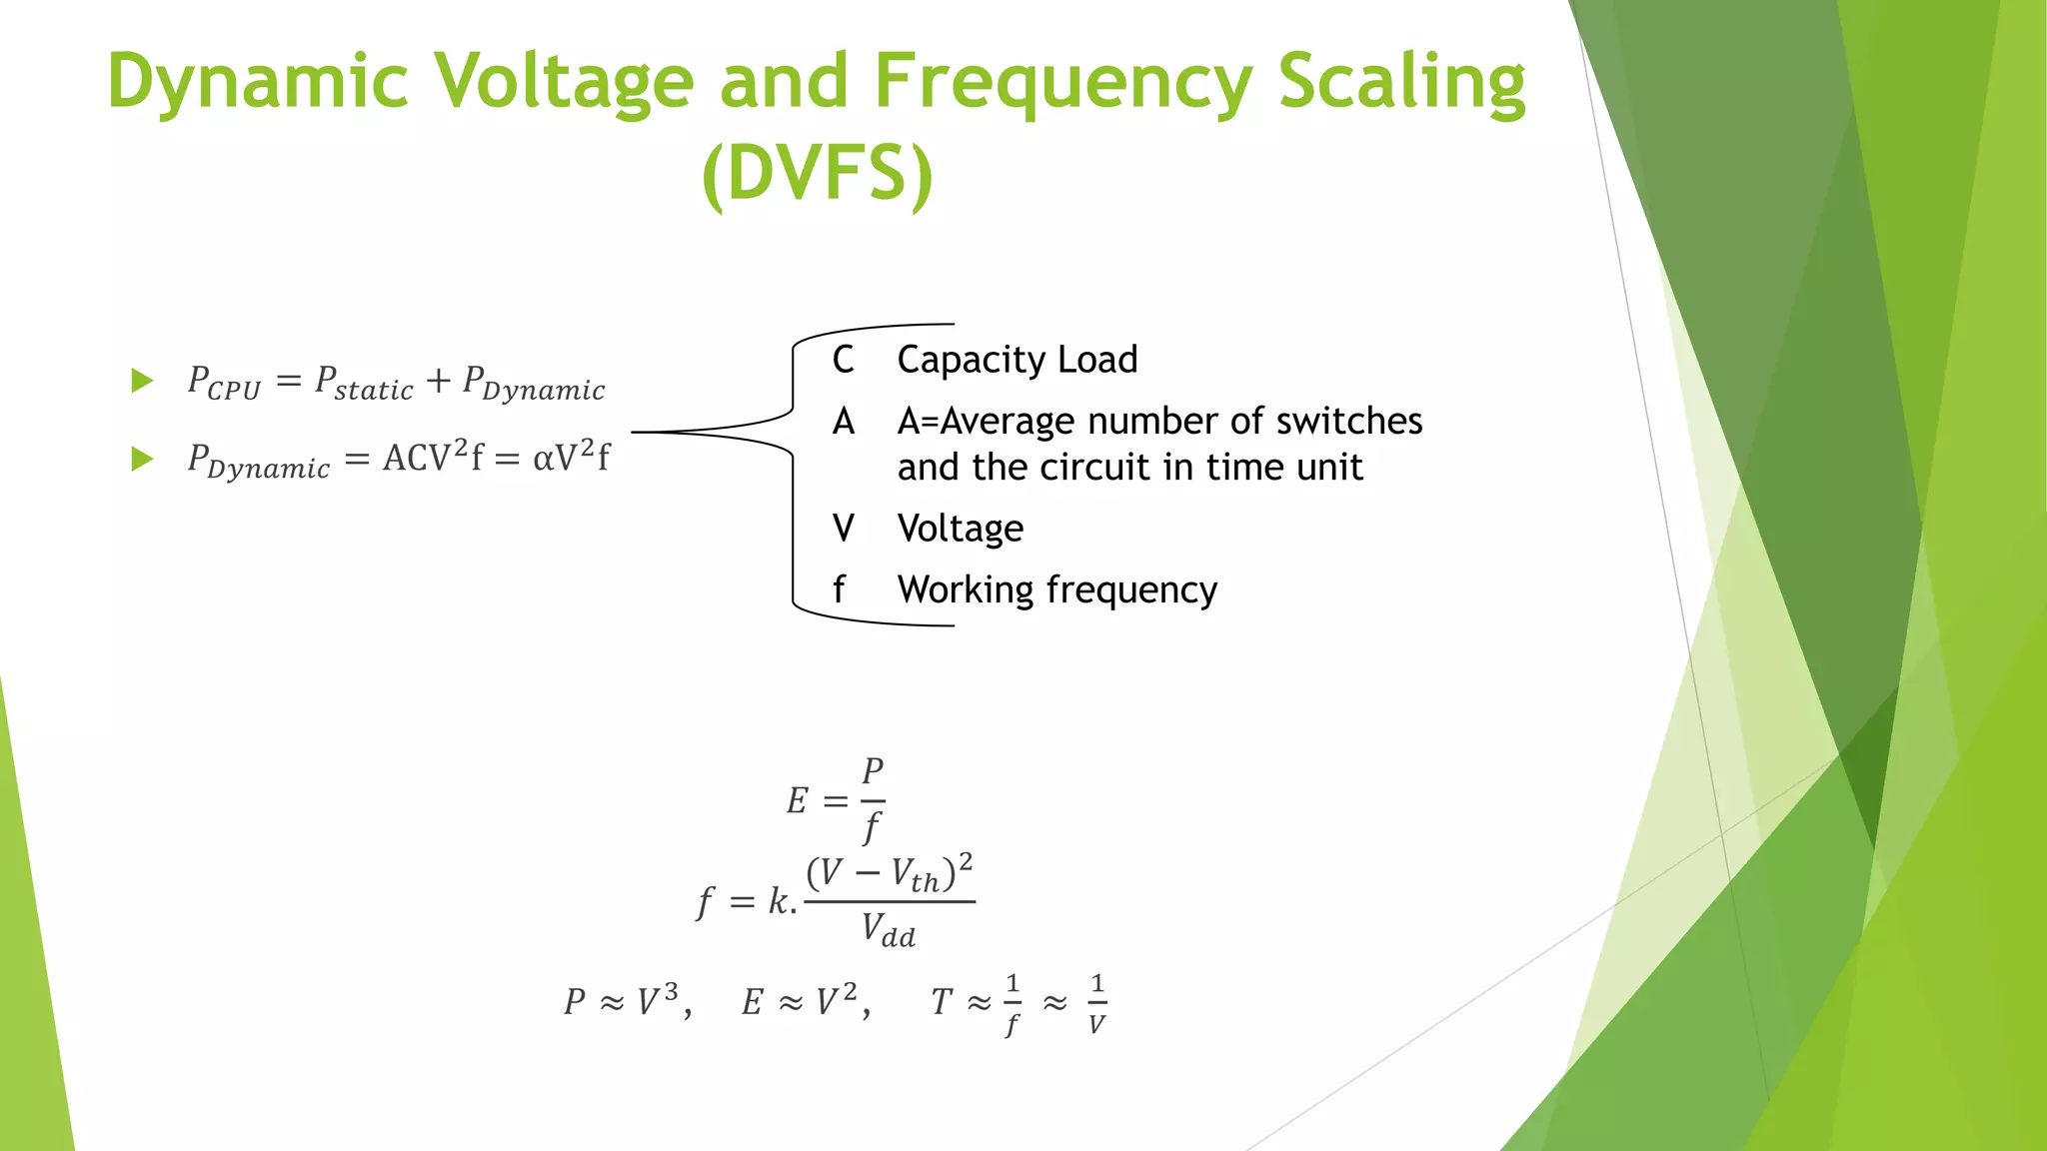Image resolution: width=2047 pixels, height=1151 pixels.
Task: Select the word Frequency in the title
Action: click(1062, 82)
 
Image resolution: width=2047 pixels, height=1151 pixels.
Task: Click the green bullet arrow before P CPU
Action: click(142, 381)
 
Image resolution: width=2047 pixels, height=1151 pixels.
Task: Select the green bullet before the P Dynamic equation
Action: click(142, 460)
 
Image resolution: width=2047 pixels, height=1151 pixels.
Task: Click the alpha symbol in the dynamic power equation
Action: click(543, 459)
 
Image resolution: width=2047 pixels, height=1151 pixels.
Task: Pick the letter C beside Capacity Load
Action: click(843, 360)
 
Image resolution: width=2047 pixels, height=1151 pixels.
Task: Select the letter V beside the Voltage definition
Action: click(843, 529)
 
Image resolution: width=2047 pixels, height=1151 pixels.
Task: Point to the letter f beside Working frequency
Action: click(839, 590)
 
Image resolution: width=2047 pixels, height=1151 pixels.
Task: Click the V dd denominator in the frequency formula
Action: click(889, 931)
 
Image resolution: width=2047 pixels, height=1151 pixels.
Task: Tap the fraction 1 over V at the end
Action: click(1096, 1004)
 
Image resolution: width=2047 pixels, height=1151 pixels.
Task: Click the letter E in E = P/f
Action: click(797, 801)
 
